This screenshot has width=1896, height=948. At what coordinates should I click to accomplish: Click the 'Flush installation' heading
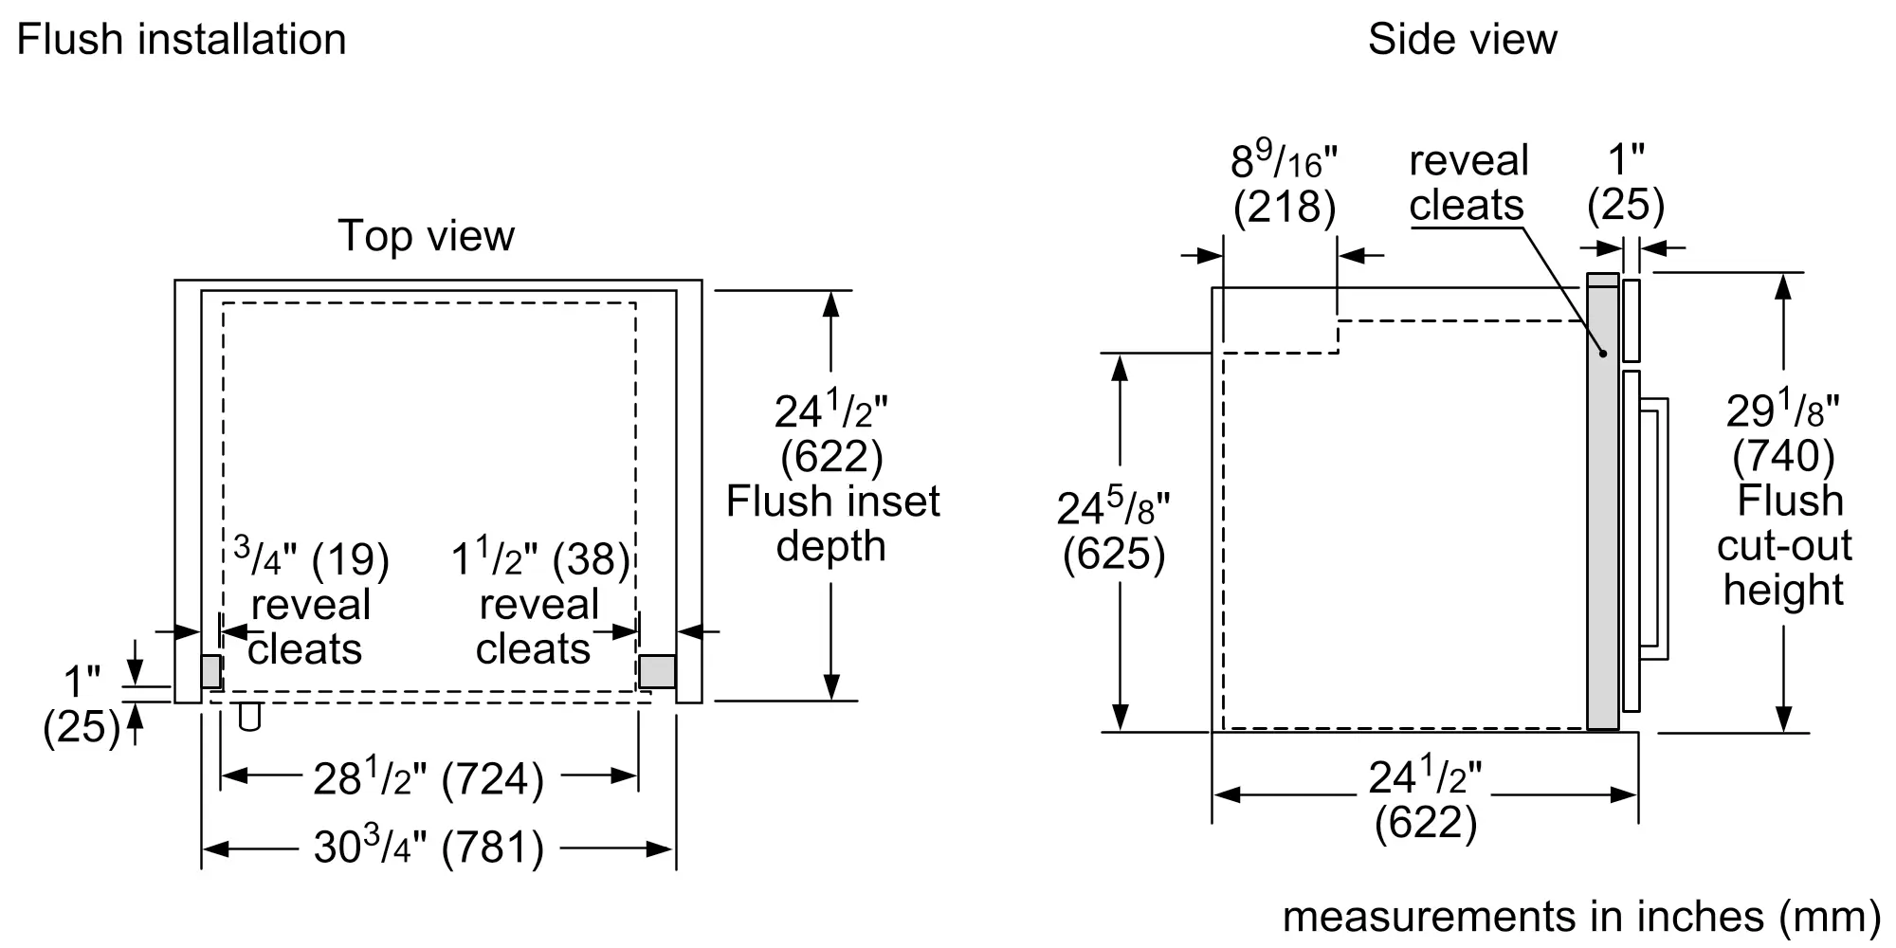point(181,40)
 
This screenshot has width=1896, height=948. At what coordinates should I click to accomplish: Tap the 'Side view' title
point(1462,40)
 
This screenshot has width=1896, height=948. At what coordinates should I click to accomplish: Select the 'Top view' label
point(427,236)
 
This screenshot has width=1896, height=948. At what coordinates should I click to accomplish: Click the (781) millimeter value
point(494,848)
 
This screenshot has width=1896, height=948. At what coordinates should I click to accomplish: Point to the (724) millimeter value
point(494,779)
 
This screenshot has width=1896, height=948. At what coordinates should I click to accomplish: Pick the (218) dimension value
point(1285,207)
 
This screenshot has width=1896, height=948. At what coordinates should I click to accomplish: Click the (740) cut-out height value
point(1784,456)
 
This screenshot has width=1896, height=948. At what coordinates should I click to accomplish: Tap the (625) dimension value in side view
point(1114,554)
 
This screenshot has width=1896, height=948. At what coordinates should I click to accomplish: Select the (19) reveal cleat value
point(351,559)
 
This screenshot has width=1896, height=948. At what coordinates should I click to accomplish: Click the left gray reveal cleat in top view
point(211,672)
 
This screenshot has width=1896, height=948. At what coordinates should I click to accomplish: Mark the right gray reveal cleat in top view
point(657,672)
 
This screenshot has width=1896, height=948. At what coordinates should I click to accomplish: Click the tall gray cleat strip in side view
point(1603,502)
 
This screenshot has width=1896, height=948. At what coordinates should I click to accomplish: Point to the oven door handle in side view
point(1655,528)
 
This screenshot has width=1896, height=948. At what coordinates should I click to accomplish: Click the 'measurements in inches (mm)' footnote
point(1581,917)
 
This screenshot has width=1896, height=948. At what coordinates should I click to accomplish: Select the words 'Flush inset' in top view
point(833,501)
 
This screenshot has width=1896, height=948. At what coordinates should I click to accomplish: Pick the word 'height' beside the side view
point(1783,591)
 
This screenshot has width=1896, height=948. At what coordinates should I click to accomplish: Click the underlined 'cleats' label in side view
point(1467,205)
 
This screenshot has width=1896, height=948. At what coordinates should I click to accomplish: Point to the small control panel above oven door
point(1632,319)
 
